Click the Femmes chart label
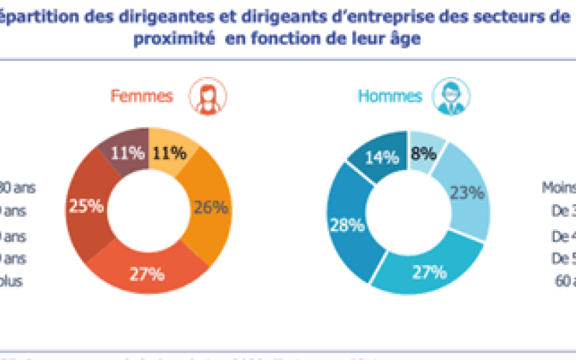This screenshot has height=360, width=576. [141, 96]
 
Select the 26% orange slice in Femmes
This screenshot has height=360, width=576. [210, 207]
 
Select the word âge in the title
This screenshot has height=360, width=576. [405, 40]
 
